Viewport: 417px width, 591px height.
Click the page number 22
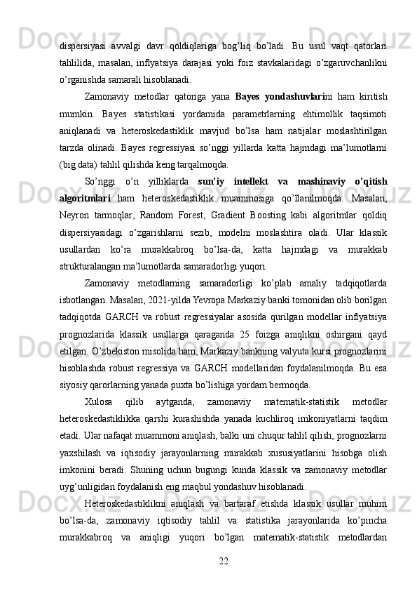pyautogui.click(x=224, y=562)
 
